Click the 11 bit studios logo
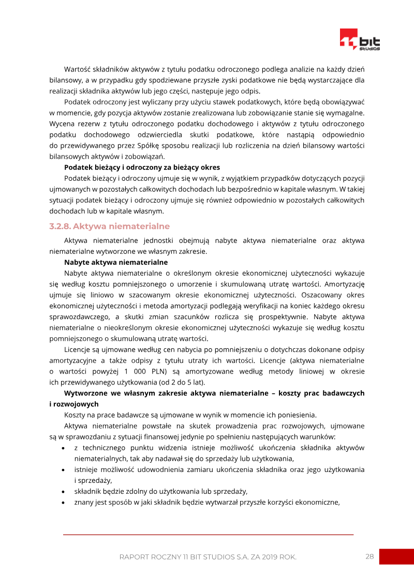pyautogui.click(x=360, y=40)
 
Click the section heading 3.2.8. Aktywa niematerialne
pyautogui.click(x=109, y=226)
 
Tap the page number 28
pyautogui.click(x=369, y=556)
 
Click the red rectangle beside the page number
pyautogui.click(x=396, y=556)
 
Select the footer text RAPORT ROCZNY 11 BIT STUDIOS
pyautogui.click(x=208, y=557)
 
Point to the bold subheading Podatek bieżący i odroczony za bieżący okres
pyautogui.click(x=142, y=167)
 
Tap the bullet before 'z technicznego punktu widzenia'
pyautogui.click(x=63, y=448)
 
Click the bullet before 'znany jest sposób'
pyautogui.click(x=63, y=502)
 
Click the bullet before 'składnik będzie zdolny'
pyautogui.click(x=63, y=491)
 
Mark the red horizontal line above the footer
pyautogui.click(x=208, y=534)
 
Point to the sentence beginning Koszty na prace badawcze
pyautogui.click(x=190, y=415)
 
